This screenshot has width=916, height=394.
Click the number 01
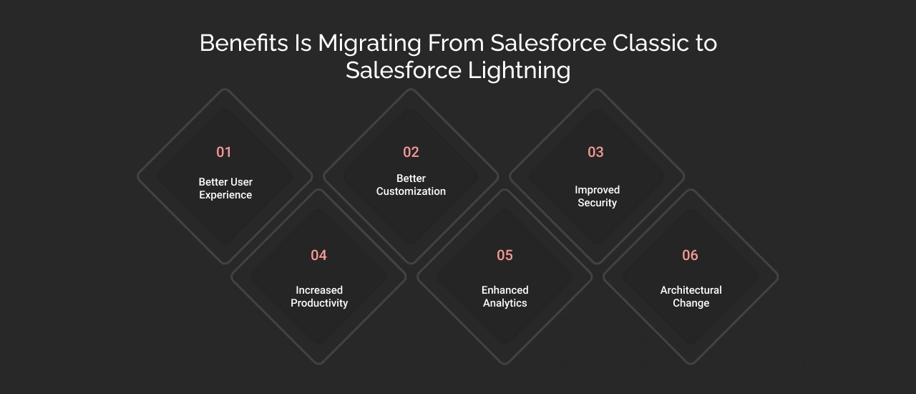tap(224, 152)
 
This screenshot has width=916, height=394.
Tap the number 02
tap(411, 152)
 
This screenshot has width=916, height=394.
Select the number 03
tap(595, 152)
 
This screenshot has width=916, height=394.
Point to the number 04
tap(318, 255)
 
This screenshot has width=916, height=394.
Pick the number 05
tap(505, 255)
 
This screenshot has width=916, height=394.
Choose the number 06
tap(690, 255)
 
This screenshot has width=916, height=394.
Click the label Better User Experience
tap(225, 188)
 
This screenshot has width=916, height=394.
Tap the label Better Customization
tap(411, 185)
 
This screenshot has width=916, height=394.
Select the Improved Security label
tap(597, 196)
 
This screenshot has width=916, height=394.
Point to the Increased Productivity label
tap(319, 297)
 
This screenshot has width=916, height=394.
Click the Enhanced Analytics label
tap(505, 297)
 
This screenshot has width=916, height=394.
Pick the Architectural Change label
tap(691, 297)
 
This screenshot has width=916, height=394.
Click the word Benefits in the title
tap(243, 43)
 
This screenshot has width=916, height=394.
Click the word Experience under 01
tap(225, 196)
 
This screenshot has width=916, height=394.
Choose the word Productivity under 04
tap(319, 304)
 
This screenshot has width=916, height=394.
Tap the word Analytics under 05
tap(505, 304)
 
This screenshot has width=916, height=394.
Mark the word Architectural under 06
tap(691, 290)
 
